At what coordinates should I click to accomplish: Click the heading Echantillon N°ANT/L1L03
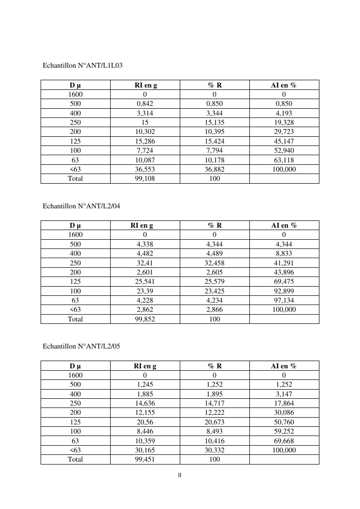(83, 65)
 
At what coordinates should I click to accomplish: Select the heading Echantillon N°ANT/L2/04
(81, 206)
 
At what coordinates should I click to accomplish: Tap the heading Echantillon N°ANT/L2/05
(81, 346)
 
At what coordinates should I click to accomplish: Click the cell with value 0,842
(145, 103)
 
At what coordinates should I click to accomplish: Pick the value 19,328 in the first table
(284, 122)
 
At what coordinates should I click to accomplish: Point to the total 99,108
(145, 178)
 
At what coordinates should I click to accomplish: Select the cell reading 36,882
(215, 169)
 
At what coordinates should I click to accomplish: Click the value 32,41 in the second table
(145, 263)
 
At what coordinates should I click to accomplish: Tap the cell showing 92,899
(284, 291)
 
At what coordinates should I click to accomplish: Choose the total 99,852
(145, 319)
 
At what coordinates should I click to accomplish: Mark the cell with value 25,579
(215, 281)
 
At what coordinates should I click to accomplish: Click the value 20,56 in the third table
(145, 422)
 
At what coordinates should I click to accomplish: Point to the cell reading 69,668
(284, 441)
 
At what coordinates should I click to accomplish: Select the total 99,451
(145, 459)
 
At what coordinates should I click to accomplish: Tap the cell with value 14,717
(215, 403)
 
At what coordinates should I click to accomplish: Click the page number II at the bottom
(180, 475)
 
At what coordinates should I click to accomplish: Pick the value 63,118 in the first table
(284, 160)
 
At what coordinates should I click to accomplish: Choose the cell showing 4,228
(145, 300)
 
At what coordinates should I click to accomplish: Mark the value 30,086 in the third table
(284, 412)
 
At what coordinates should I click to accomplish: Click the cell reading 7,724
(145, 150)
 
